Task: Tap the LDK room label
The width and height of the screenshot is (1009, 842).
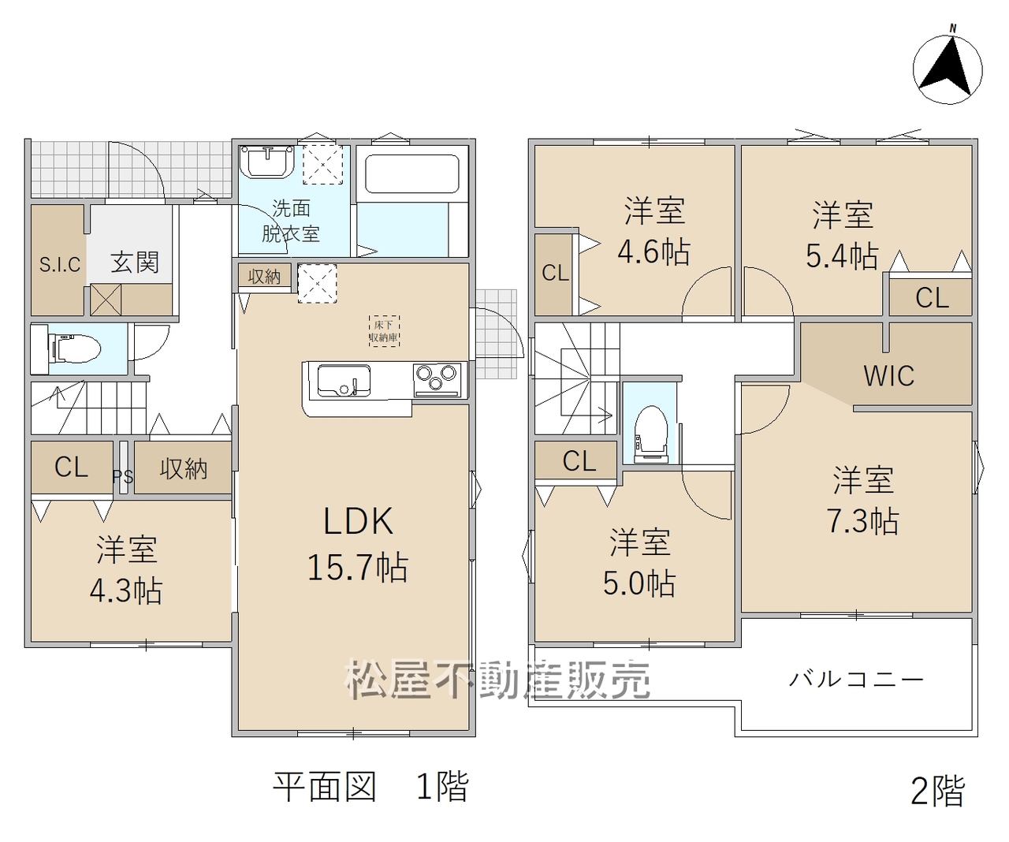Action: [x=358, y=522]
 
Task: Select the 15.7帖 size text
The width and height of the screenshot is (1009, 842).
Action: [x=358, y=567]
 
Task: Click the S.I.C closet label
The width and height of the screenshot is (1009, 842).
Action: [x=60, y=265]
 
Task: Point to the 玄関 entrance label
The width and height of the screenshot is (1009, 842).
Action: [x=135, y=263]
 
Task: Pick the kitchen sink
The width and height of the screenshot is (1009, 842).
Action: [x=344, y=382]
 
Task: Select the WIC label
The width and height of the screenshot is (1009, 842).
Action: [x=888, y=375]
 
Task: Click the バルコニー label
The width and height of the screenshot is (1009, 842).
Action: [x=856, y=680]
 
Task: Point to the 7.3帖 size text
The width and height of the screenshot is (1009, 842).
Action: [x=863, y=521]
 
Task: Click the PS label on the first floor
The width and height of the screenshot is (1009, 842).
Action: [x=123, y=477]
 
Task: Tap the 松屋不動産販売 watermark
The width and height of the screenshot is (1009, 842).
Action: [x=497, y=679]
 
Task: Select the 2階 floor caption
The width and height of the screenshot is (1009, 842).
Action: [x=937, y=791]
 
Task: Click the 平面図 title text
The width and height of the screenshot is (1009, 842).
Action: [x=324, y=786]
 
